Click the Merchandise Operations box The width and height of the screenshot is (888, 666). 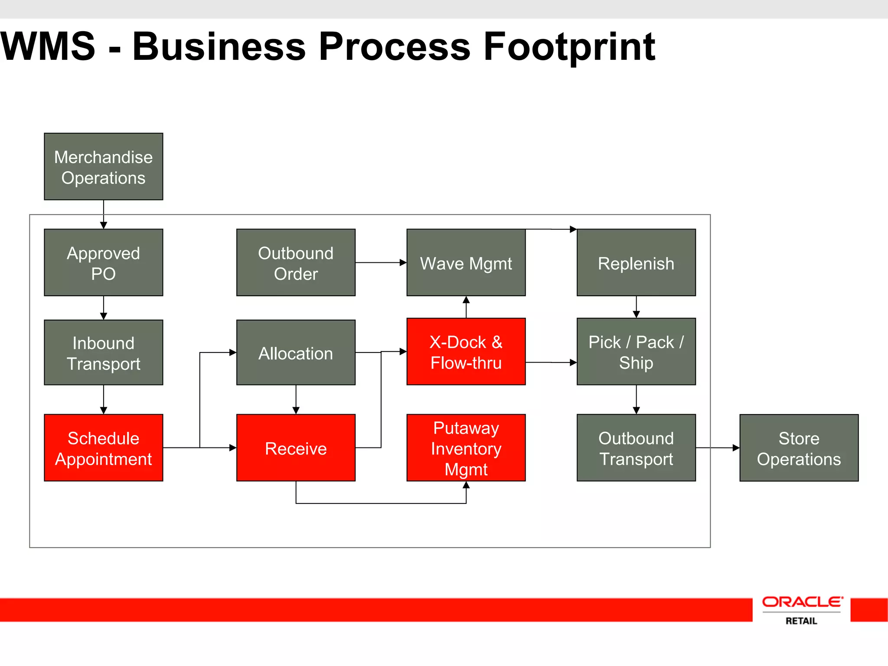point(103,166)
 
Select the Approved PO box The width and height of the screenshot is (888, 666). point(103,262)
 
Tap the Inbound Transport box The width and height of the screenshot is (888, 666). point(103,353)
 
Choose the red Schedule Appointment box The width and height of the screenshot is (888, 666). point(103,447)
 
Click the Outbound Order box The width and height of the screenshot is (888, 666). point(296,262)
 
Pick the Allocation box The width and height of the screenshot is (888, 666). point(296,353)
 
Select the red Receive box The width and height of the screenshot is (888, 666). point(296,447)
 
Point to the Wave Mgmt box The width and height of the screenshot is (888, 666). point(466,262)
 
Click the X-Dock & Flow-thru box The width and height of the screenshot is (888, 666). point(466,352)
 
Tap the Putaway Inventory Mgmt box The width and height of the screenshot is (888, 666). point(466,447)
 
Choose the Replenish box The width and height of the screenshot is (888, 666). point(636,262)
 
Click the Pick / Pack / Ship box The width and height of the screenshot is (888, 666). point(636,352)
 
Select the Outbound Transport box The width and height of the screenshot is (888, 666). point(636,447)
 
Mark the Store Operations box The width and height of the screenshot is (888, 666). point(799,447)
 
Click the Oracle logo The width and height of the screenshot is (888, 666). point(802,602)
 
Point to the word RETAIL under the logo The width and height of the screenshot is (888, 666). point(801,621)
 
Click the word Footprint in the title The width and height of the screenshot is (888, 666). point(569,47)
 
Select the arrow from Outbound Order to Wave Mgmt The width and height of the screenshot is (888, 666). point(381,262)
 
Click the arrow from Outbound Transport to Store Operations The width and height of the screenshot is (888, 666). point(718,447)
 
